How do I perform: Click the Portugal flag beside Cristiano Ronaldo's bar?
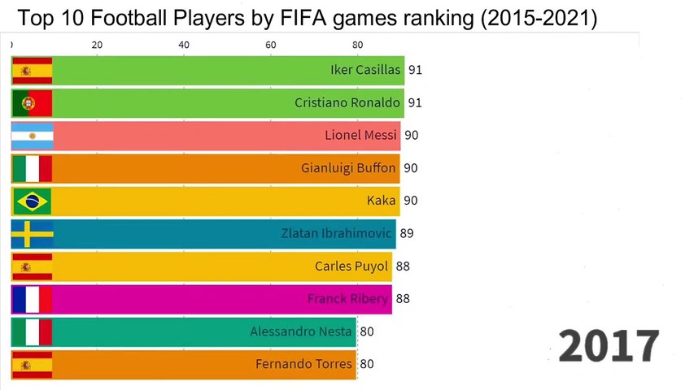[33, 103]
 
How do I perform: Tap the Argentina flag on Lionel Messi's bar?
[33, 136]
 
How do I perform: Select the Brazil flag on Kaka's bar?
[33, 201]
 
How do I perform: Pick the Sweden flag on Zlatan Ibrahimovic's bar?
[33, 234]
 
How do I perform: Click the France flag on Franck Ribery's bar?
[33, 299]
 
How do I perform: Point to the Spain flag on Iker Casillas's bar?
[33, 71]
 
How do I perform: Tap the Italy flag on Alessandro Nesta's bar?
[33, 331]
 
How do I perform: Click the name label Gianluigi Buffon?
[348, 168]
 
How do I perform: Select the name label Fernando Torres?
[305, 364]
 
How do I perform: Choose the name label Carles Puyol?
[351, 266]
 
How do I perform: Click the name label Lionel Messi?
[360, 136]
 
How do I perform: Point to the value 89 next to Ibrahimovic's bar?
[407, 234]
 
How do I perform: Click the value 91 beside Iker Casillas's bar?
[415, 71]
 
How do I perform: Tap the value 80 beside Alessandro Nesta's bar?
[367, 331]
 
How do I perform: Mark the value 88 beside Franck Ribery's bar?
[403, 299]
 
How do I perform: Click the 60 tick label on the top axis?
[270, 45]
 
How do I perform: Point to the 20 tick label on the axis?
[97, 45]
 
